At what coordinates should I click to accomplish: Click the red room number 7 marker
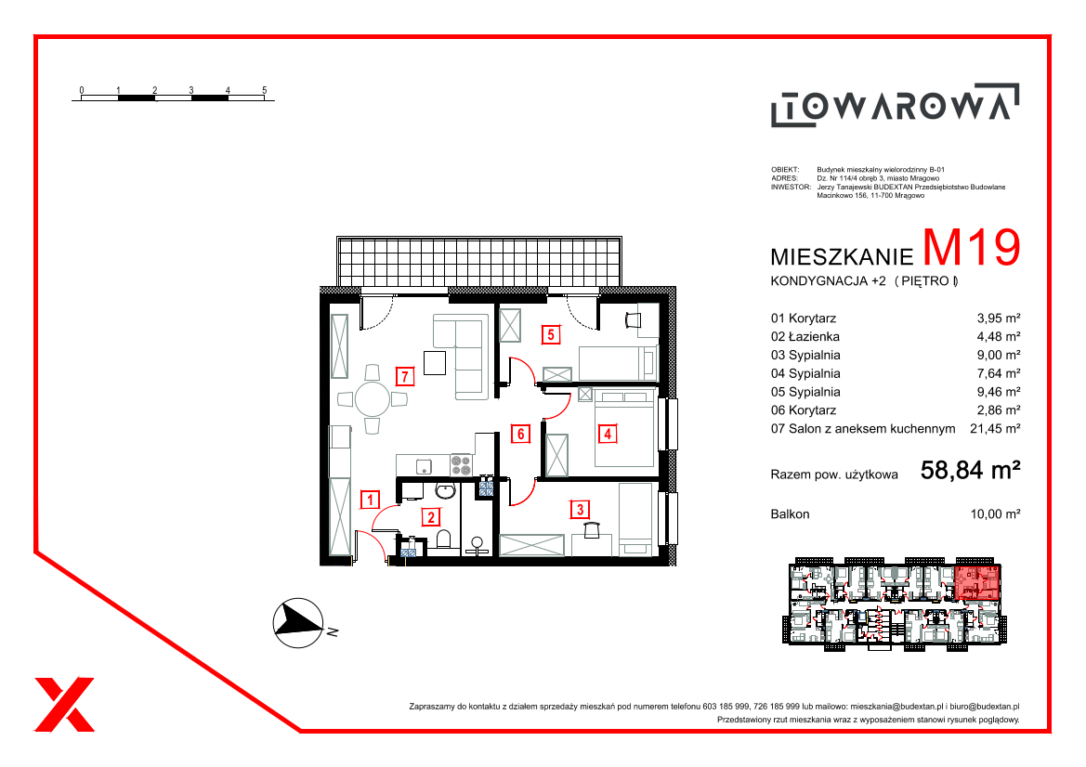(405, 377)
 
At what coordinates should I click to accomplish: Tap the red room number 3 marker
(580, 510)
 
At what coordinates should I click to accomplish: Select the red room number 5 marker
(551, 335)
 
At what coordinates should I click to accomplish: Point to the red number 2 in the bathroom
(431, 517)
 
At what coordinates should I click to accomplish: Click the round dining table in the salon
(373, 399)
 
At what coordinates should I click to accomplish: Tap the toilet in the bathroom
(444, 539)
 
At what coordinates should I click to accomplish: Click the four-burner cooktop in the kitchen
(462, 464)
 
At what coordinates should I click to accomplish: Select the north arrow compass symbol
(298, 623)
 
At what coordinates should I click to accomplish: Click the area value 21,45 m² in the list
(995, 428)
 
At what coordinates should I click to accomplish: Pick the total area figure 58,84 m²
(970, 471)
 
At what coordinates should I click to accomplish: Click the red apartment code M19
(972, 247)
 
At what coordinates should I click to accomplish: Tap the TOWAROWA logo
(895, 105)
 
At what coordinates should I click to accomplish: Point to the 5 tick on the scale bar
(265, 90)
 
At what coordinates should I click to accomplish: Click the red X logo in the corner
(64, 704)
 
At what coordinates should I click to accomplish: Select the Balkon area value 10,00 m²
(995, 514)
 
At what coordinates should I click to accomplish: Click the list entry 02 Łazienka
(805, 336)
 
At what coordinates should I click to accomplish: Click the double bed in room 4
(624, 429)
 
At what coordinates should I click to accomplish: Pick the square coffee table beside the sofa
(434, 363)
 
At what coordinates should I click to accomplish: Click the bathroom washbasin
(445, 491)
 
